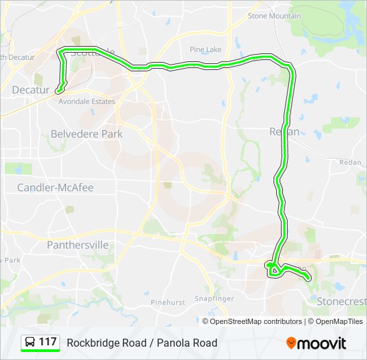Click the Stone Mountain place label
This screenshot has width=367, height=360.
pyautogui.click(x=274, y=16)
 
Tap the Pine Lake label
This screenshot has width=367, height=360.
pyautogui.click(x=205, y=49)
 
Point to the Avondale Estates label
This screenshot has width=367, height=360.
pyautogui.click(x=87, y=101)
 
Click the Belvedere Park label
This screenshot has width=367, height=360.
pyautogui.click(x=87, y=133)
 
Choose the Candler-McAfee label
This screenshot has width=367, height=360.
pyautogui.click(x=55, y=187)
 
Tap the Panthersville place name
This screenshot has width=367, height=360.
pyautogui.click(x=77, y=245)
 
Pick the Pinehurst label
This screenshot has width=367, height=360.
pyautogui.click(x=167, y=302)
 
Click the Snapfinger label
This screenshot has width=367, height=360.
pyautogui.click(x=213, y=298)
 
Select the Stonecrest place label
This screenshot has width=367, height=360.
pyautogui.click(x=340, y=300)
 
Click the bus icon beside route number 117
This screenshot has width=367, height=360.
pyautogui.click(x=31, y=343)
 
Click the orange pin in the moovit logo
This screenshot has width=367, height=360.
pyautogui.click(x=291, y=343)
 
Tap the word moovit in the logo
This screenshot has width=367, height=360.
pyautogui.click(x=322, y=343)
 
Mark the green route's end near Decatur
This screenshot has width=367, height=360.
pyautogui.click(x=58, y=90)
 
